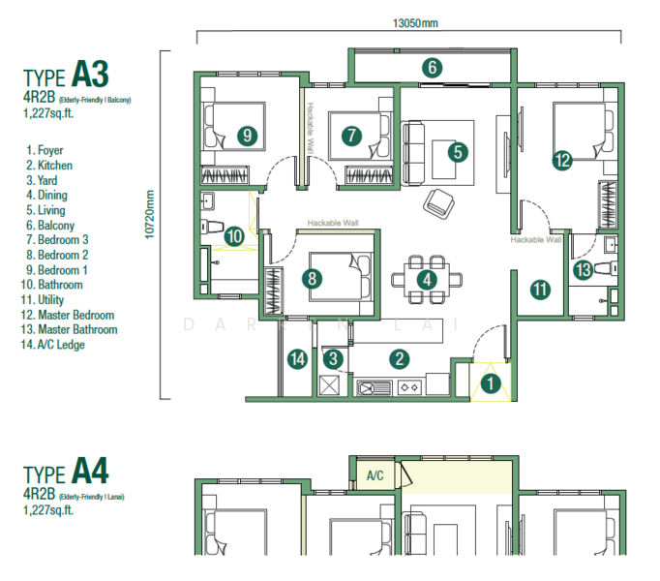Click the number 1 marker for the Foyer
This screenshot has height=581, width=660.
tap(492, 384)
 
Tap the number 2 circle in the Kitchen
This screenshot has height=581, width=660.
tap(398, 359)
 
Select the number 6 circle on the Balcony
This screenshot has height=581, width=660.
tap(432, 68)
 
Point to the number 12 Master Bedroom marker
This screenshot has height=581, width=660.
tap(562, 161)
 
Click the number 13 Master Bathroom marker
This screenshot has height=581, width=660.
tap(582, 270)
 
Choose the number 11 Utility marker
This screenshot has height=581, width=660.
tap(539, 289)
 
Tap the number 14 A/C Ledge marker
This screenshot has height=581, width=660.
tap(298, 360)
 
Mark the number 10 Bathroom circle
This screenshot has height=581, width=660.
tap(234, 234)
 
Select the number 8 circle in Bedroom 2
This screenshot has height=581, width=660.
tap(311, 279)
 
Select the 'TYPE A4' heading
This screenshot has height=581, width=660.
tap(66, 474)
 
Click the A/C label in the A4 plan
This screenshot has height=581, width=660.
tap(375, 475)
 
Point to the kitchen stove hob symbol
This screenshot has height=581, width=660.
tap(407, 387)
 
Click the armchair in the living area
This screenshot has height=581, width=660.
tap(438, 201)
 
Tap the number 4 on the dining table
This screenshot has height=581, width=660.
tap(426, 279)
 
